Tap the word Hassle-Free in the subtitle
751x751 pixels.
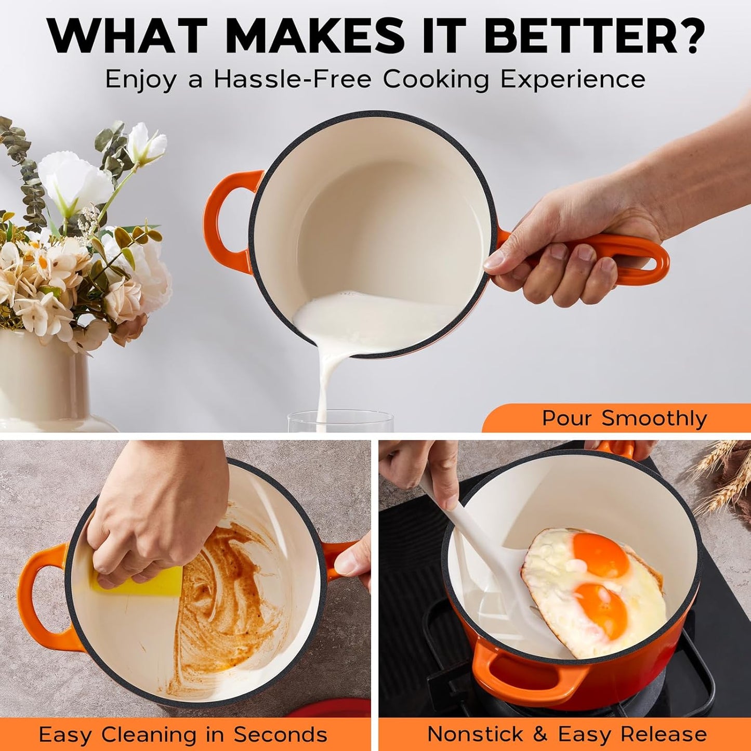point(292,80)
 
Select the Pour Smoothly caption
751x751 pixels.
point(624,418)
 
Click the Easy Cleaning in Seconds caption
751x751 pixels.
point(183,734)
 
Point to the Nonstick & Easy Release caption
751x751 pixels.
point(566,734)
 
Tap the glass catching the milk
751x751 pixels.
point(340,421)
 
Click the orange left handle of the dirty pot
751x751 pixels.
point(42,592)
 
